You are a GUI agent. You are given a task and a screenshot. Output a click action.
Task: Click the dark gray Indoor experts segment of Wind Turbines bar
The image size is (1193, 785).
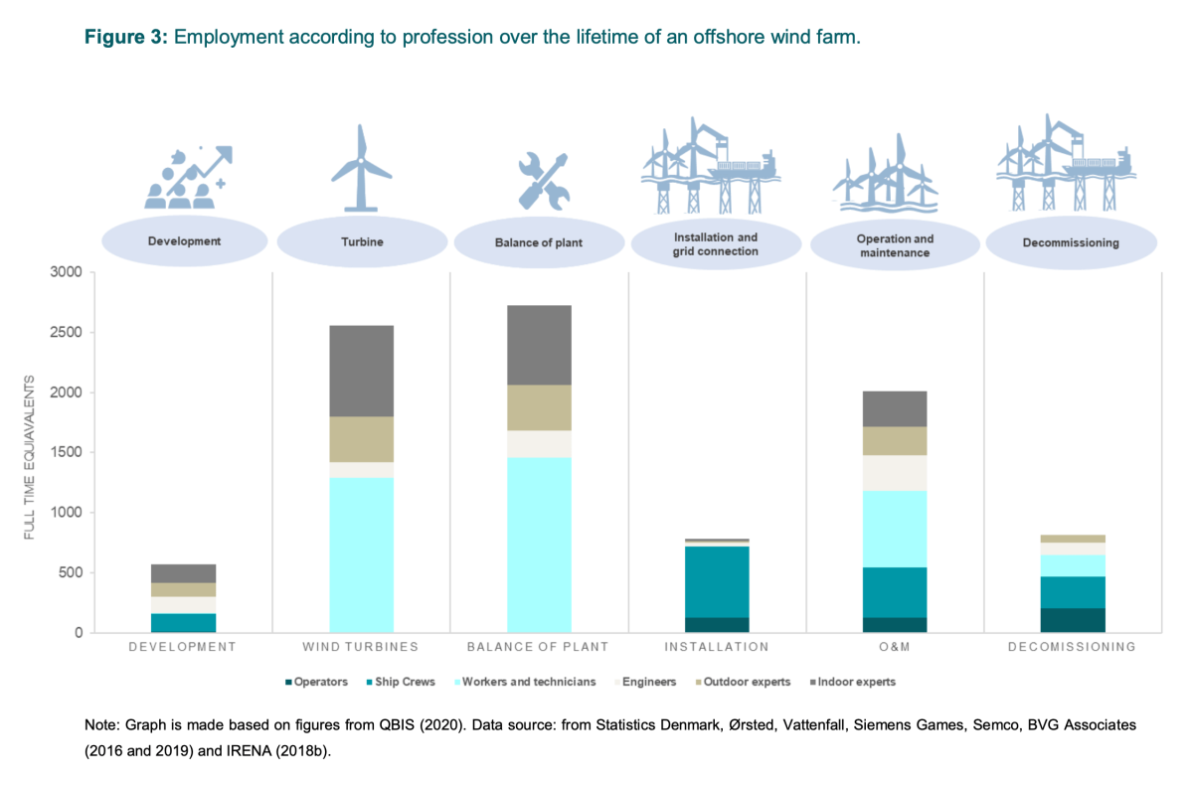(361, 371)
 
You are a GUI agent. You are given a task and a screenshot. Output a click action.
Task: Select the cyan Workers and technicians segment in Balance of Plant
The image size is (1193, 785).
(539, 545)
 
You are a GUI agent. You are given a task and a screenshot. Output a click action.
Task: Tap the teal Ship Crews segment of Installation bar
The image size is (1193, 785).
(717, 581)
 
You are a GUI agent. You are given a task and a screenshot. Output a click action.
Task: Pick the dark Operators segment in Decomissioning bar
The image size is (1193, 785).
(1073, 620)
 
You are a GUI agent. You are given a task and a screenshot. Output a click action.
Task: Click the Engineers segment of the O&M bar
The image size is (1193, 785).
(895, 473)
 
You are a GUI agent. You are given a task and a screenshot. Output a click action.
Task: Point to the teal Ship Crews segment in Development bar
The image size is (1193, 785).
(184, 623)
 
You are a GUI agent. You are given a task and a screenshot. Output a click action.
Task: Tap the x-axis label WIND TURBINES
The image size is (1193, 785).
(361, 647)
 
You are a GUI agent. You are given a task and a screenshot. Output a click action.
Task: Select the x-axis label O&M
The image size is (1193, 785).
(895, 647)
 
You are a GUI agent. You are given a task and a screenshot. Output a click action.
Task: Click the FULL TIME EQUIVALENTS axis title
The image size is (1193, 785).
(30, 458)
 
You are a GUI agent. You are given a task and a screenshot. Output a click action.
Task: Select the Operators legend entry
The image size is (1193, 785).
(320, 682)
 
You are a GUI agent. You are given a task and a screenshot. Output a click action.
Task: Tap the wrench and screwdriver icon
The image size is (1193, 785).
(542, 182)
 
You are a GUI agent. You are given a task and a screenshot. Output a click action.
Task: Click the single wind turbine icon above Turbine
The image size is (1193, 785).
(361, 168)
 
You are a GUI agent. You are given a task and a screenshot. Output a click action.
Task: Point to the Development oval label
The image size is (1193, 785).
(184, 241)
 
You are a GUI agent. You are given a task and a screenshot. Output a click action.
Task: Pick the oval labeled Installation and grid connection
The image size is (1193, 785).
(716, 244)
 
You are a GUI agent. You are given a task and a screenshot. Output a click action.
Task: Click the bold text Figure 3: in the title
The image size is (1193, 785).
(125, 37)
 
